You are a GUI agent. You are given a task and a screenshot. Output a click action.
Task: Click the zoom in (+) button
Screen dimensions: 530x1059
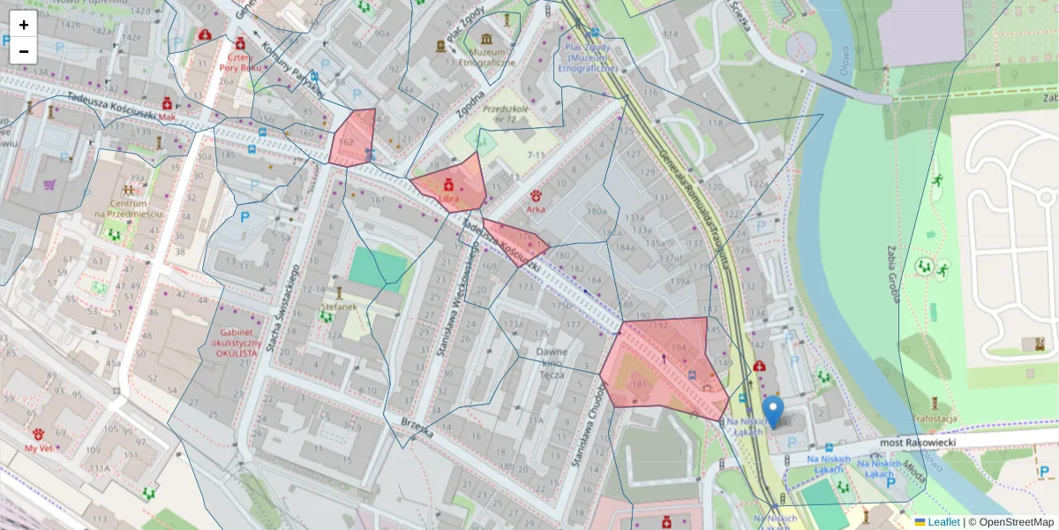pyautogui.click(x=24, y=24)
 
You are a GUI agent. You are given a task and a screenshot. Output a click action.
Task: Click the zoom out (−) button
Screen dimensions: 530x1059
pyautogui.click(x=24, y=51)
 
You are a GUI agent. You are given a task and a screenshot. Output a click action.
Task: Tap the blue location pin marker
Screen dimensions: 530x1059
pyautogui.click(x=773, y=411)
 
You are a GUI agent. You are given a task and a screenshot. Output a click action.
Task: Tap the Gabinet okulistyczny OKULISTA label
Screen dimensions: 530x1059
pyautogui.click(x=236, y=342)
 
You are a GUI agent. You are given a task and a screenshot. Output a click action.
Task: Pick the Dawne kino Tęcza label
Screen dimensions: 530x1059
pyautogui.click(x=552, y=361)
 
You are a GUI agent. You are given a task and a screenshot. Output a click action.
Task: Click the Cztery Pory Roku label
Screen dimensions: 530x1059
pyautogui.click(x=239, y=60)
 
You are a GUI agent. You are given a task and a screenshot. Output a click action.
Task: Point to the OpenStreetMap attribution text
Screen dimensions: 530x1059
pyautogui.click(x=1015, y=522)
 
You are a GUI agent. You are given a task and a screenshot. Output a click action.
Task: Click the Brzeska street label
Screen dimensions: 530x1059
pyautogui.click(x=417, y=430)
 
